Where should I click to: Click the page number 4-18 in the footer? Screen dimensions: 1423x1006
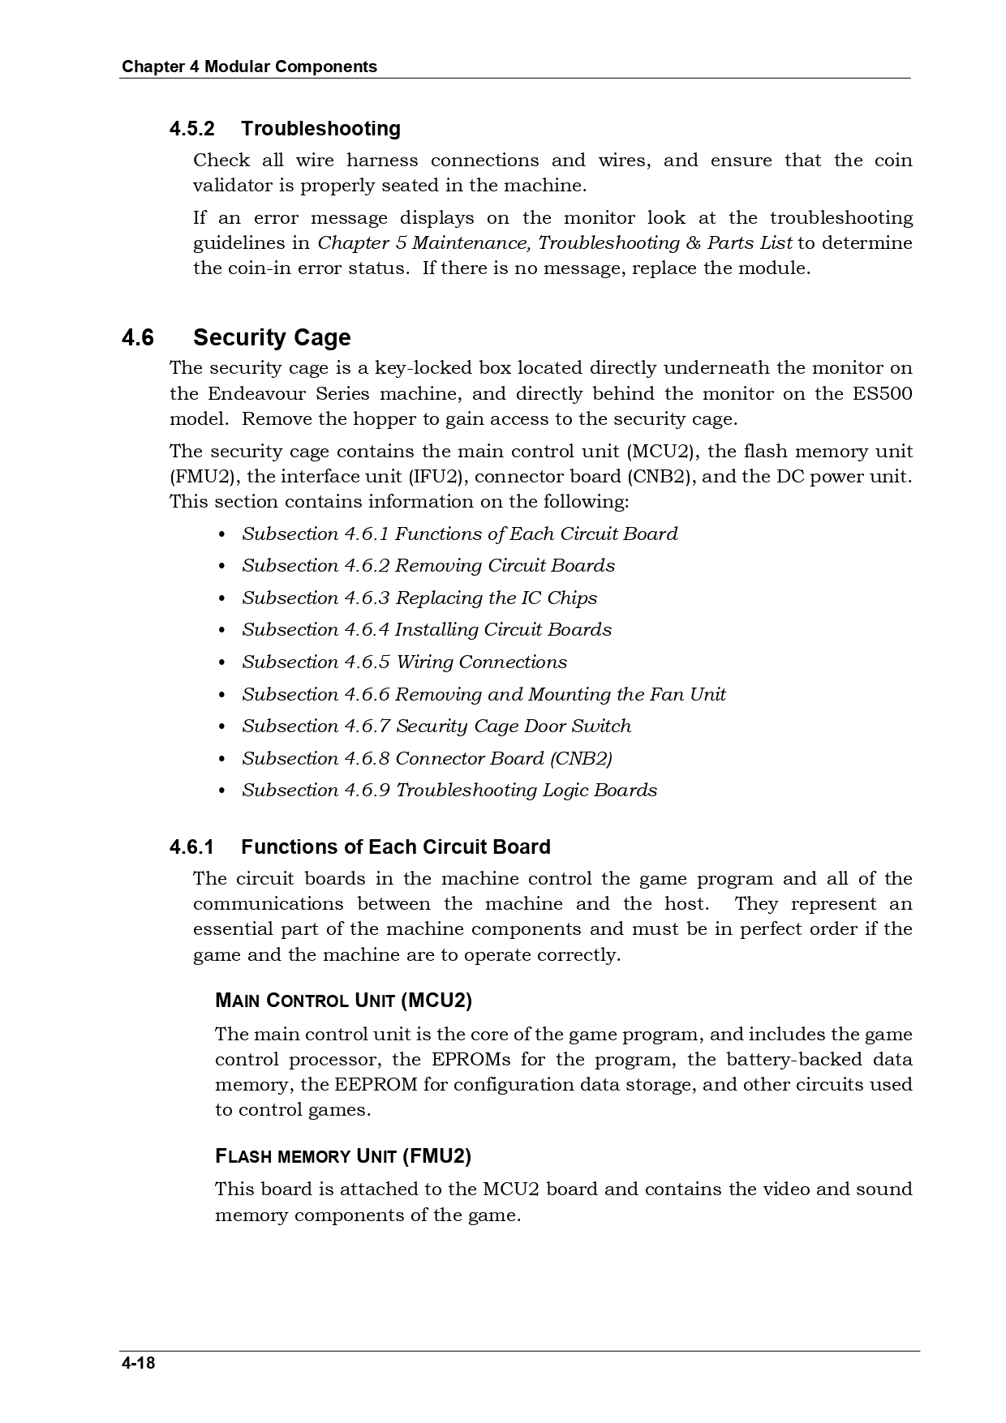coord(138,1362)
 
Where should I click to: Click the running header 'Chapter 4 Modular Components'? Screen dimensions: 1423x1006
coord(249,66)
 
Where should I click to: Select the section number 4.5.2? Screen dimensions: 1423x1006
coord(192,129)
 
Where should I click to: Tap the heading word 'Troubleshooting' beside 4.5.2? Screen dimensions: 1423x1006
coord(320,129)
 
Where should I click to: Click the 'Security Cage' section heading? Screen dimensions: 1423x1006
coord(272,337)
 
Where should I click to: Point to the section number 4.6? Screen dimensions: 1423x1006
coord(138,337)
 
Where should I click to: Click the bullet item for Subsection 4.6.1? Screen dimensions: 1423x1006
coord(459,534)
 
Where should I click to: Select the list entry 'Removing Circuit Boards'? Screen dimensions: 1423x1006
coord(505,565)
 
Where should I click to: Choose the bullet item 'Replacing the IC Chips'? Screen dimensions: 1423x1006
coord(496,598)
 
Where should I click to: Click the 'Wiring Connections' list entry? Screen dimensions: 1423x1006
coord(513,662)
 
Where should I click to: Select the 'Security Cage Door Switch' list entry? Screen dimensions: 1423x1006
coord(513,726)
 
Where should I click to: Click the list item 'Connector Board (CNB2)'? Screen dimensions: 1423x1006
coord(503,758)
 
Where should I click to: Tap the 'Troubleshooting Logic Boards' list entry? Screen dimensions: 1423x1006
coord(526,790)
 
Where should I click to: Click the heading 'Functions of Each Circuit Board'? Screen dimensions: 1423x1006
coord(395,847)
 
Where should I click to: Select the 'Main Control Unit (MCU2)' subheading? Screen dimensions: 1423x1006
coord(343,1001)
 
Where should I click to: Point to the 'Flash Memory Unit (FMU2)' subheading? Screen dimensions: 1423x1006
coord(343,1155)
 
